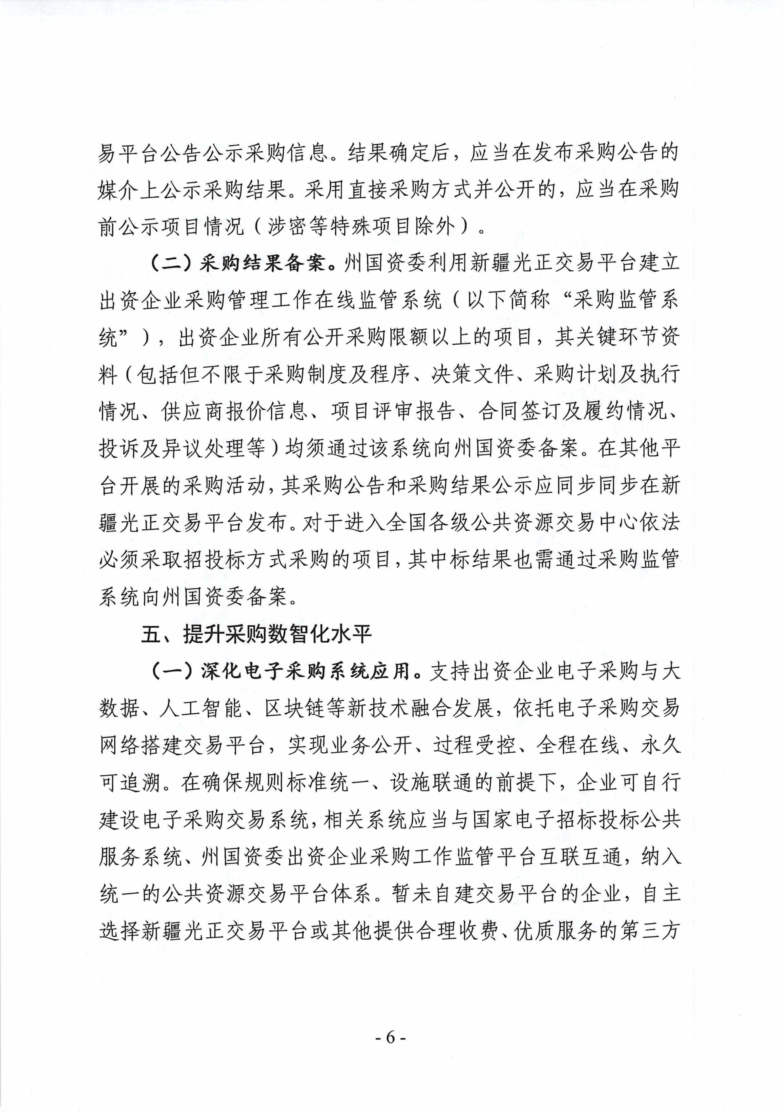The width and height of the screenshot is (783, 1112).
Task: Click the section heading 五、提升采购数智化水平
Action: click(x=256, y=635)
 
